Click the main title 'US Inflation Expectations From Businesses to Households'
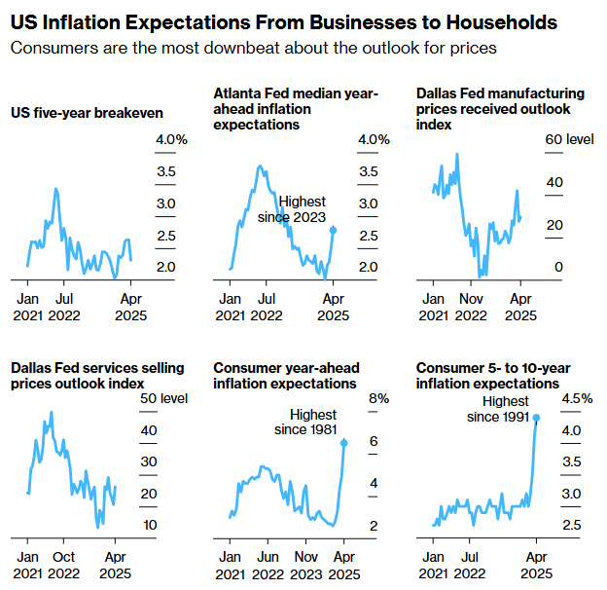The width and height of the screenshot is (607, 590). [x=284, y=21]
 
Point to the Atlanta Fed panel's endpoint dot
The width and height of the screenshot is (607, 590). [x=334, y=230]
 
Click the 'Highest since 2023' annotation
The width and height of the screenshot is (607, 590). [x=293, y=209]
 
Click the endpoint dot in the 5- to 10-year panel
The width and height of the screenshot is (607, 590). [x=536, y=417]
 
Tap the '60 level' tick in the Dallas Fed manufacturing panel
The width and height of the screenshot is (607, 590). [x=569, y=140]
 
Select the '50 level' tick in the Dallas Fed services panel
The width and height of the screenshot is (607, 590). [x=162, y=399]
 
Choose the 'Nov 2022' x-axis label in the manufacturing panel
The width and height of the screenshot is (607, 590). [x=471, y=307]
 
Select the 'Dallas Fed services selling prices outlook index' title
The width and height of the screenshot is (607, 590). [x=75, y=376]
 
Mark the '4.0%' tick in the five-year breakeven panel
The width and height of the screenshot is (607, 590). [x=171, y=140]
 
